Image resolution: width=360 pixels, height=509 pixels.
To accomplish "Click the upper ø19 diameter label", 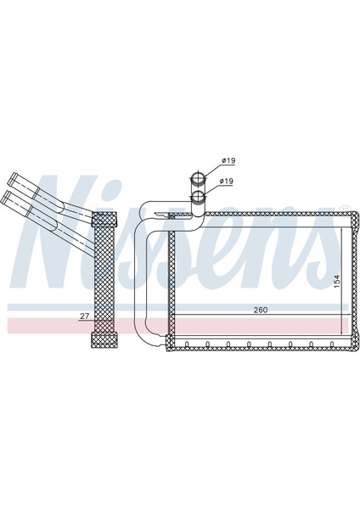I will coord(227,160).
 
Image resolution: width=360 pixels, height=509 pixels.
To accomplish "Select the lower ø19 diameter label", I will coord(227,181).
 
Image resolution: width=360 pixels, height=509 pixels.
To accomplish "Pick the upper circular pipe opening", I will coord(198,178).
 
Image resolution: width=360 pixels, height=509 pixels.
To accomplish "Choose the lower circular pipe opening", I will coord(198,197).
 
